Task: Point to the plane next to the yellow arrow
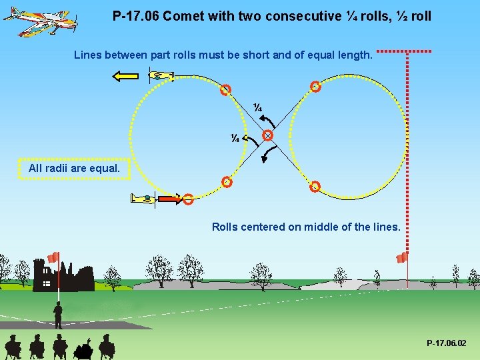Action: point(160,77)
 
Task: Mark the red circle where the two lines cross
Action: point(267,135)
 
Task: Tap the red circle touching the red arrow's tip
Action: point(188,199)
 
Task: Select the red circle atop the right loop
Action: point(315,86)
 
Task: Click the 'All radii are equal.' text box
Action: point(75,169)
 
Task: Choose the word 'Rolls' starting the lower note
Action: point(225,227)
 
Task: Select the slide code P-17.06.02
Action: point(447,343)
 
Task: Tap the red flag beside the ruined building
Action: point(53,257)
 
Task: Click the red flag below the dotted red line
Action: point(402,257)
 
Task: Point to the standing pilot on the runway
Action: point(58,314)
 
